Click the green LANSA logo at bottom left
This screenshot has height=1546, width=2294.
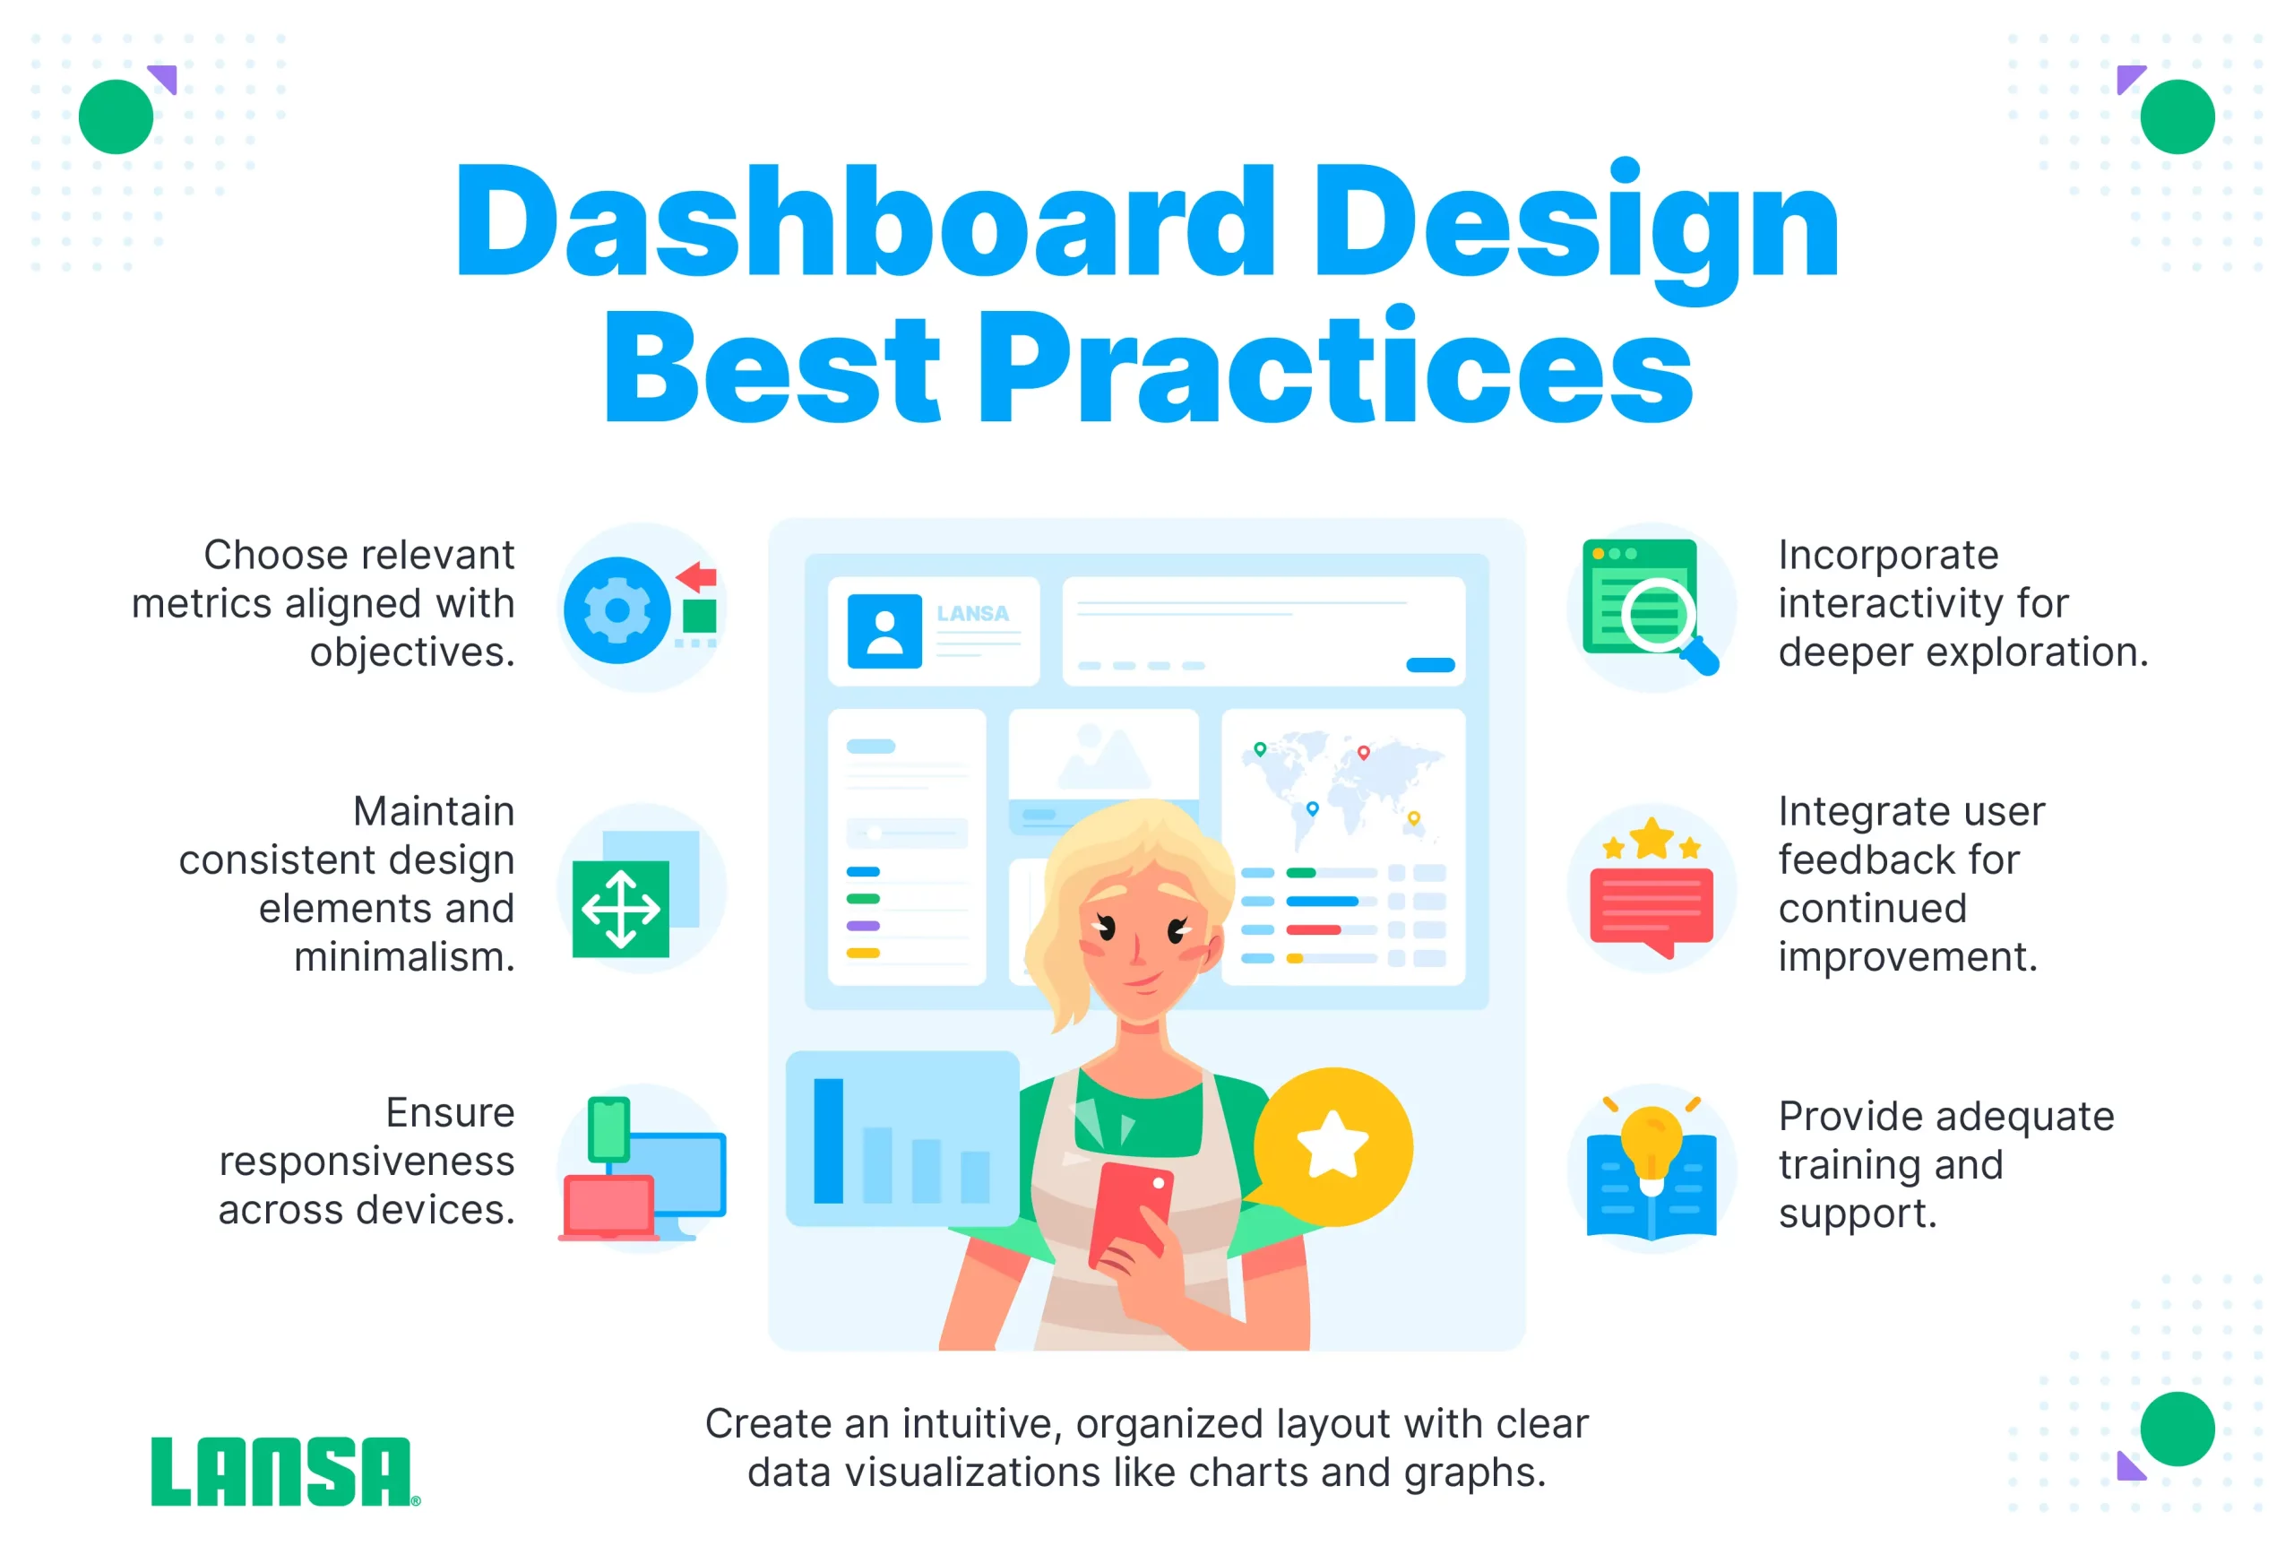pos(285,1471)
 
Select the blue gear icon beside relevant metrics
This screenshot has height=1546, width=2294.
pos(617,610)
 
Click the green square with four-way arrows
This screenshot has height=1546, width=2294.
pos(621,909)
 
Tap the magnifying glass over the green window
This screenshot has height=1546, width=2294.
pos(1665,623)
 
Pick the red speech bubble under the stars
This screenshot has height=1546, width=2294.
pos(1652,912)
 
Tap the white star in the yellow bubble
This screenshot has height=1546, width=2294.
pos(1332,1144)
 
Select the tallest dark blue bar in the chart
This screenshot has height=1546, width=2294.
pos(828,1141)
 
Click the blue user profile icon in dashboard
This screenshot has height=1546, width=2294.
pos(884,631)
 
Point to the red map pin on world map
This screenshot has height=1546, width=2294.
pos(1363,753)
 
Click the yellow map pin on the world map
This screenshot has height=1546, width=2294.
pos(1414,818)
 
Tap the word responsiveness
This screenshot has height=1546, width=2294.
pos(367,1162)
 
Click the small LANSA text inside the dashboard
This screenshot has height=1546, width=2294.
pos(973,613)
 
